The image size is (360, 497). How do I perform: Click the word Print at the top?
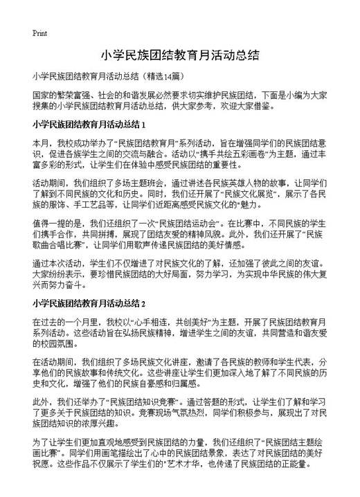coord(39,33)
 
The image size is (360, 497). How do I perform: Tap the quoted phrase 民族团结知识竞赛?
coord(154,402)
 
